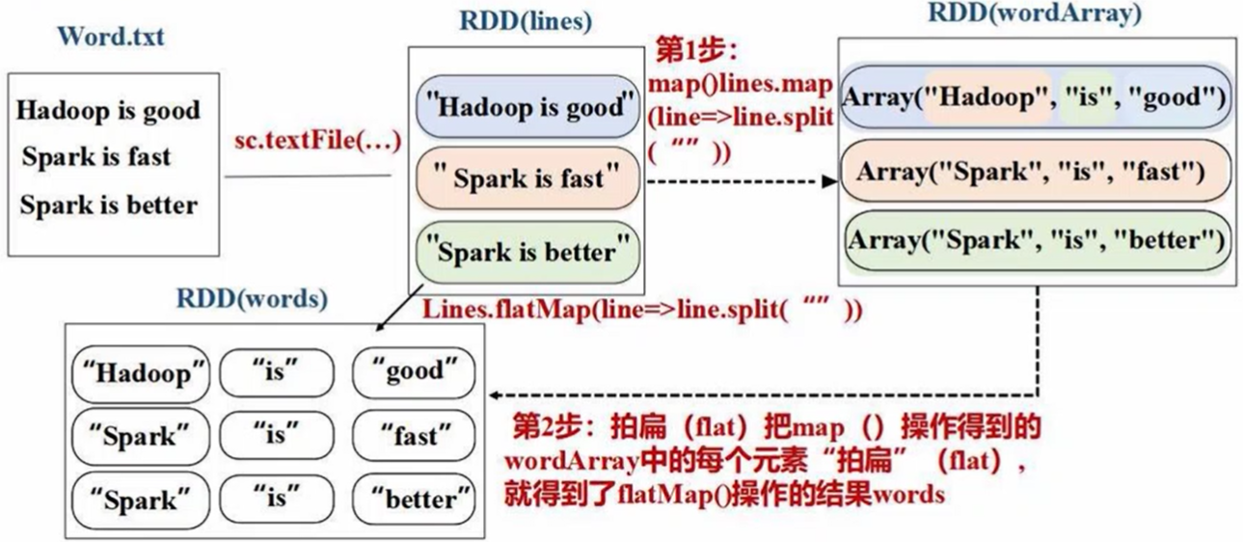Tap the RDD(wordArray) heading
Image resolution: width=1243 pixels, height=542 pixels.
pyautogui.click(x=1034, y=14)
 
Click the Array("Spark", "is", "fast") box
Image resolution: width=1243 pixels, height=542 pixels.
pyautogui.click(x=1035, y=173)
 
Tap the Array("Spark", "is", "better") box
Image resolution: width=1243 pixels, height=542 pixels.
pyautogui.click(x=1035, y=240)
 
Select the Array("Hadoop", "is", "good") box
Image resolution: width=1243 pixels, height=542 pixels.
pyautogui.click(x=1035, y=98)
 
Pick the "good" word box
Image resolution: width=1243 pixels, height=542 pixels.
pyautogui.click(x=414, y=371)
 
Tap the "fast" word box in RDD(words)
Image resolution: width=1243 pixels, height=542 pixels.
pyautogui.click(x=414, y=436)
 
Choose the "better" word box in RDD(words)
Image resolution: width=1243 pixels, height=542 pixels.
pyautogui.click(x=414, y=500)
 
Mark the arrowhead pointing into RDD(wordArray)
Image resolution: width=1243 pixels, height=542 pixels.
pyautogui.click(x=829, y=180)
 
